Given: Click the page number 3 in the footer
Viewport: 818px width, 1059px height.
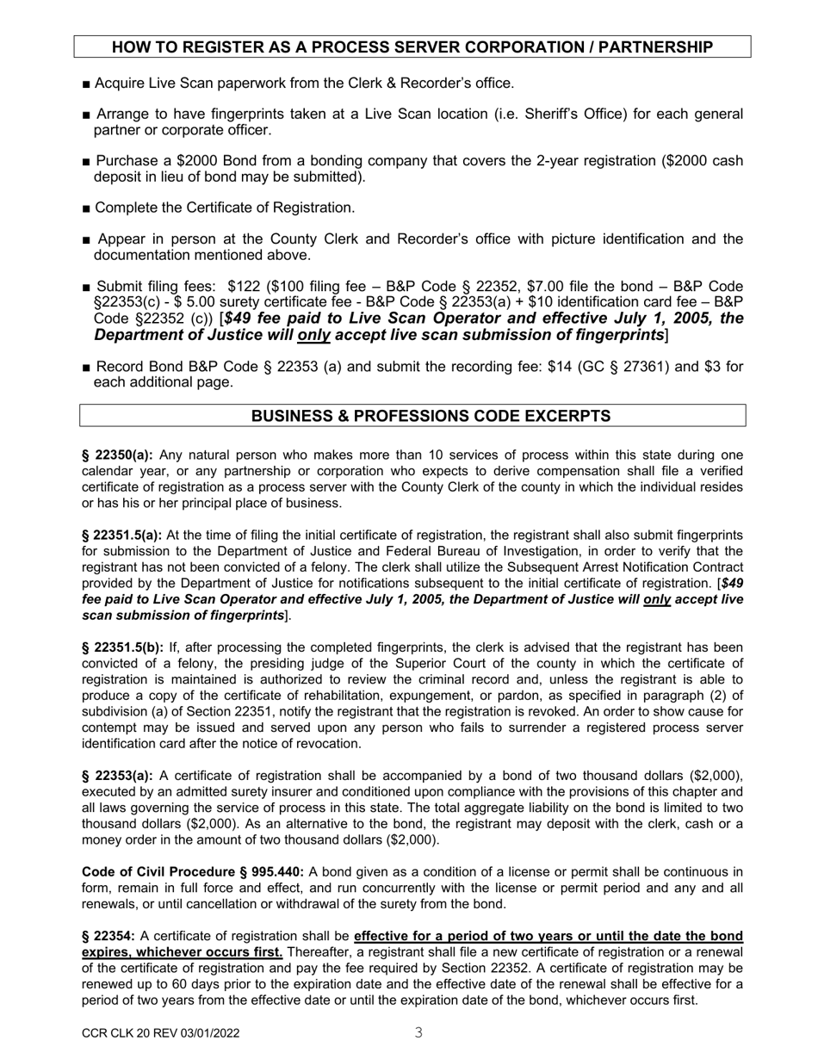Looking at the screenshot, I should [418, 1032].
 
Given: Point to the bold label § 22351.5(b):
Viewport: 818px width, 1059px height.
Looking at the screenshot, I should [123, 647].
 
